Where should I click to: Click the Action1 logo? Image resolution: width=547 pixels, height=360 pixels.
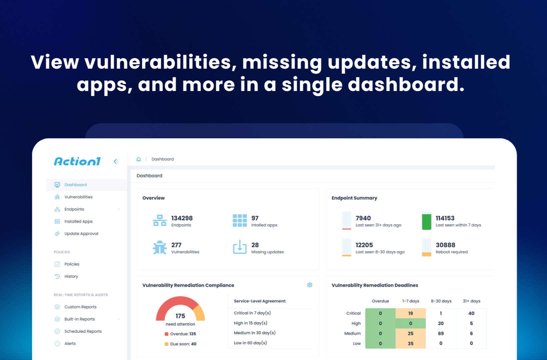coord(77,161)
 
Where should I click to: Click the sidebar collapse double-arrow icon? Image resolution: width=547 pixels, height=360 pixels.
coord(116,161)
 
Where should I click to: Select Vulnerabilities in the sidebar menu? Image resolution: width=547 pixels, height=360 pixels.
coord(78,197)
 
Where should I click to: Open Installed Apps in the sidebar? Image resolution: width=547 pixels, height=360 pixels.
coord(78,221)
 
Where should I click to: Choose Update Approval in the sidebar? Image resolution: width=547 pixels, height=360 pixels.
coord(81,234)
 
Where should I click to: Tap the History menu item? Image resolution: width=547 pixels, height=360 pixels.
coord(71,276)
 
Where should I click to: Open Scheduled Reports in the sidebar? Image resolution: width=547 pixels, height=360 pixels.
coord(83,331)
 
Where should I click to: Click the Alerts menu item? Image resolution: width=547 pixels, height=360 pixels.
coord(70,344)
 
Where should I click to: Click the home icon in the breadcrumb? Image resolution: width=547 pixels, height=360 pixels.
coord(139,159)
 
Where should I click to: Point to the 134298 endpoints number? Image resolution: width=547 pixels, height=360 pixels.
coord(182,218)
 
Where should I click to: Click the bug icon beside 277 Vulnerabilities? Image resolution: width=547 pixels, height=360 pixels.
coord(160,247)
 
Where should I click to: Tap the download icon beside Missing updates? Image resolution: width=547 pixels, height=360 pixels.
coord(240,247)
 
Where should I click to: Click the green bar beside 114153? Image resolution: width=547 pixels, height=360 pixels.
coord(427,222)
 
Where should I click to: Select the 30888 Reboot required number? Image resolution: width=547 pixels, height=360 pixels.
coord(445,245)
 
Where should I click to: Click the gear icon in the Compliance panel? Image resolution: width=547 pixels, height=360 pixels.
coord(309,285)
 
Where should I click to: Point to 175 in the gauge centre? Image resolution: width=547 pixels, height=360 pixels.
coord(180,316)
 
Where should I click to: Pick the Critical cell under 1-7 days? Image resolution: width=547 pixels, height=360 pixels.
coord(410,313)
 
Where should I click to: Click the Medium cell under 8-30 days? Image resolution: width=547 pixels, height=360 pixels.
coord(441,333)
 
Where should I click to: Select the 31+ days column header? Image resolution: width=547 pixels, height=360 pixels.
coord(471,301)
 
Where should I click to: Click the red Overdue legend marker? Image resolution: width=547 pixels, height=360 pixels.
coord(167,334)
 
